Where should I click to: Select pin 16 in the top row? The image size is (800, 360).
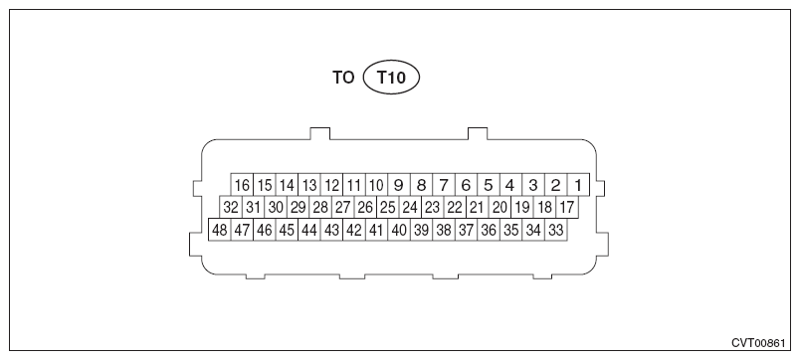pyautogui.click(x=242, y=185)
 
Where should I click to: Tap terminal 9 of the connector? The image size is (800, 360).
pyautogui.click(x=398, y=185)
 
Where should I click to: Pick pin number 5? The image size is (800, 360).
pyautogui.click(x=489, y=185)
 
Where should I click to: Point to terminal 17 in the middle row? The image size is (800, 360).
pyautogui.click(x=566, y=207)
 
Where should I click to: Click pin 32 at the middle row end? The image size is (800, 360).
pyautogui.click(x=231, y=207)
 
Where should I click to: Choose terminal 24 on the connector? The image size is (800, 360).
pyautogui.click(x=409, y=207)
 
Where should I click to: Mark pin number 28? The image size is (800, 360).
pyautogui.click(x=320, y=207)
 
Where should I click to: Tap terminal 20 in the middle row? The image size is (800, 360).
pyautogui.click(x=500, y=207)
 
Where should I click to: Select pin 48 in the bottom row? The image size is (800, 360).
pyautogui.click(x=220, y=230)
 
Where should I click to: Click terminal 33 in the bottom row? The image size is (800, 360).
pyautogui.click(x=556, y=230)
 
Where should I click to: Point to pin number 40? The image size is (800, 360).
pyautogui.click(x=399, y=230)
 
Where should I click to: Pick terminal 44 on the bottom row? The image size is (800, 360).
pyautogui.click(x=309, y=230)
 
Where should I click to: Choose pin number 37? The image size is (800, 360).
pyautogui.click(x=466, y=230)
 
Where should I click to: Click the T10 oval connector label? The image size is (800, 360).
pyautogui.click(x=391, y=77)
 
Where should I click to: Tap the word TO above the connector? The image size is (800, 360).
pyautogui.click(x=343, y=77)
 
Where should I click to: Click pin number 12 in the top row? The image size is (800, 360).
pyautogui.click(x=332, y=185)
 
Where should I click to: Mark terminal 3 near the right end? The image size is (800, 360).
pyautogui.click(x=533, y=185)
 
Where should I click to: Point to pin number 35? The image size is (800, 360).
pyautogui.click(x=510, y=230)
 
